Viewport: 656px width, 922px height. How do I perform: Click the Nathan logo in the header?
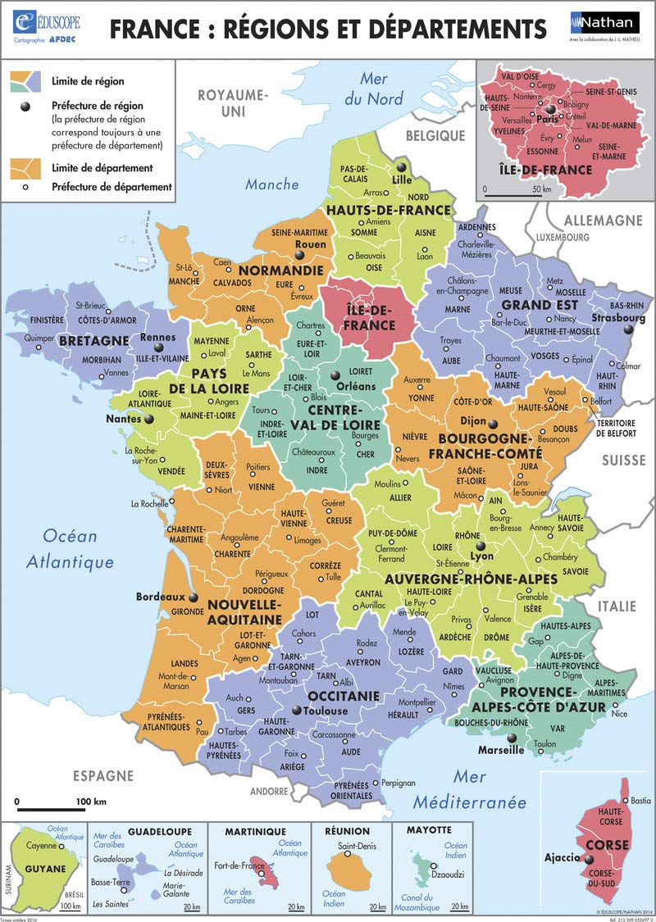599,23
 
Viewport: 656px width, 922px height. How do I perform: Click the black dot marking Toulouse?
297,711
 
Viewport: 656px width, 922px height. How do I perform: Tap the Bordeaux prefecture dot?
194,597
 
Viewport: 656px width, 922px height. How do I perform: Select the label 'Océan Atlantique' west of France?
70,549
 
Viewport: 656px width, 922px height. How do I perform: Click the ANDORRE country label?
269,791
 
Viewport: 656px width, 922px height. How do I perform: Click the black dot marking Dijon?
494,424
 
